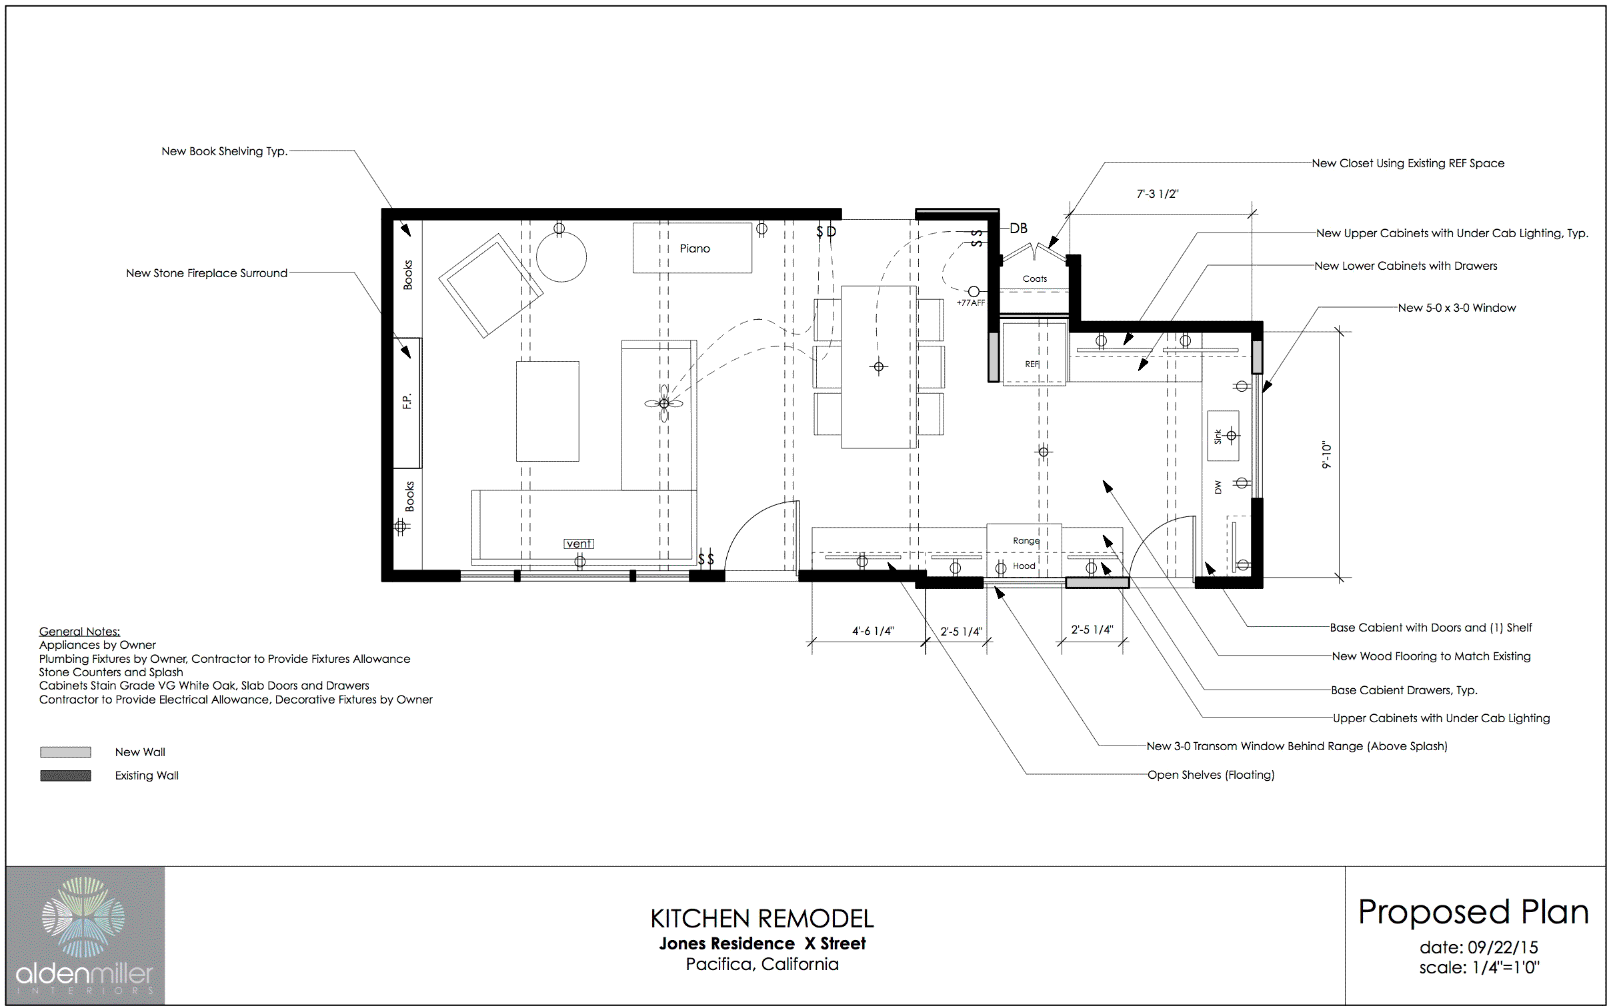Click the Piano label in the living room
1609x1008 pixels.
tap(694, 249)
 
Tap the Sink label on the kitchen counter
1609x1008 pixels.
tap(1218, 436)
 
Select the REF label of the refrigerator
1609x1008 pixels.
tap(1032, 364)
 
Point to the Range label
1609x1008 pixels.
tap(1026, 541)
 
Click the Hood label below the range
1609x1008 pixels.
tap(1024, 566)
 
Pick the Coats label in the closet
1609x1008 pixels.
tap(1035, 278)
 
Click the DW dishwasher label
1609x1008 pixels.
tap(1218, 487)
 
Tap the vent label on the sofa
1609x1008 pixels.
tap(579, 544)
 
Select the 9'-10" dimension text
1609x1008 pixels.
tap(1326, 455)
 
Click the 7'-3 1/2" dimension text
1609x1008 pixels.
tap(1158, 194)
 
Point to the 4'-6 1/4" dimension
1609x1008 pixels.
tap(873, 631)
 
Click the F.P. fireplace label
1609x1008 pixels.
tap(407, 401)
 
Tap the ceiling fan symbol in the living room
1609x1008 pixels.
tap(663, 403)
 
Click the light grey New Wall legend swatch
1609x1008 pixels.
tap(65, 752)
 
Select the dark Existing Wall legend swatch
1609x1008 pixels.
tap(65, 775)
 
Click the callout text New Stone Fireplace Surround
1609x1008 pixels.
tap(207, 273)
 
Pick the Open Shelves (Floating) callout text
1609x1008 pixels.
tap(1211, 775)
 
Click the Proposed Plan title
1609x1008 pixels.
tap(1474, 912)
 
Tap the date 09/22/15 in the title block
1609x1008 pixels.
tap(1503, 947)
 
